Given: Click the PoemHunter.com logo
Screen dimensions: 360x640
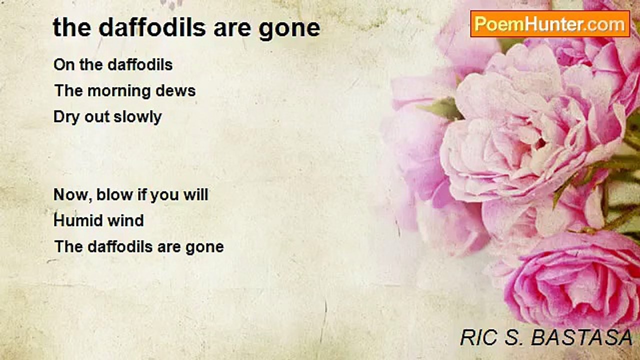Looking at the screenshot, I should pos(550,24).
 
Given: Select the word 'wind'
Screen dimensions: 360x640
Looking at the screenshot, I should pos(129,220).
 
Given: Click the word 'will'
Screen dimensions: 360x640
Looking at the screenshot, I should pos(194,194).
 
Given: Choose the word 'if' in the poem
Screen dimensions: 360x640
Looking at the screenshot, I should pos(140,194).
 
